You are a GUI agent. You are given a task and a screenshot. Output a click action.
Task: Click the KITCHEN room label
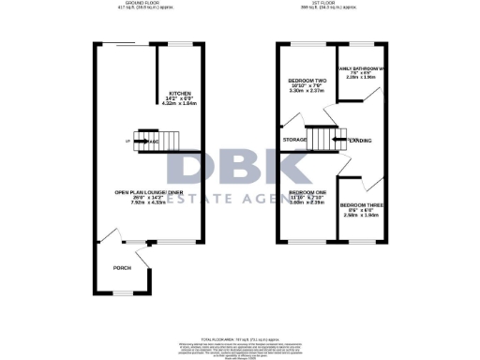pyautogui.click(x=179, y=94)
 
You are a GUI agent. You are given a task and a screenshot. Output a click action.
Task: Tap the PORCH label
pyautogui.click(x=122, y=267)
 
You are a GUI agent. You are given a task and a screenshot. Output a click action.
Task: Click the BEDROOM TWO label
pyautogui.click(x=306, y=81)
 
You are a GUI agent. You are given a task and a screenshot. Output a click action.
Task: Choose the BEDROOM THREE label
pyautogui.click(x=359, y=204)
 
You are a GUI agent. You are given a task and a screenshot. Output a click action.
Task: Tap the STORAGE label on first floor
pyautogui.click(x=294, y=141)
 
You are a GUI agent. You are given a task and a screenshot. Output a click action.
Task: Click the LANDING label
pyautogui.click(x=359, y=141)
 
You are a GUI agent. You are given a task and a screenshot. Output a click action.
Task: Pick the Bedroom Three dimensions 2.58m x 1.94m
pyautogui.click(x=359, y=215)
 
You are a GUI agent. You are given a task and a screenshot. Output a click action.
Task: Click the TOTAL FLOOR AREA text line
pyautogui.click(x=240, y=336)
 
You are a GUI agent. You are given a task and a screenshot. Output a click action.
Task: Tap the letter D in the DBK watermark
pyautogui.click(x=191, y=167)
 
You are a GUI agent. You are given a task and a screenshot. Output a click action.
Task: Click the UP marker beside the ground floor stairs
pyautogui.click(x=127, y=141)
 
